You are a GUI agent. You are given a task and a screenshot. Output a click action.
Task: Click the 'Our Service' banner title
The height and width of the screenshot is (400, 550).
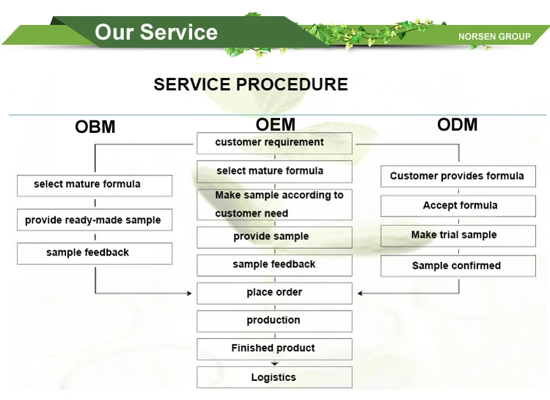156,32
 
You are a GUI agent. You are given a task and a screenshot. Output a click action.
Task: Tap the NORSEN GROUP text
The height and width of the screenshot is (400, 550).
494,37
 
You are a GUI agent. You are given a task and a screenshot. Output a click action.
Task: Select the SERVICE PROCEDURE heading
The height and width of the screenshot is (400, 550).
251,84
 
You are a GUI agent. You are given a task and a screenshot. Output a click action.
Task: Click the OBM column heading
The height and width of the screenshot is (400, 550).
95,127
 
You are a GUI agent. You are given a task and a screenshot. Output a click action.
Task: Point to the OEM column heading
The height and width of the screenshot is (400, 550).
275,124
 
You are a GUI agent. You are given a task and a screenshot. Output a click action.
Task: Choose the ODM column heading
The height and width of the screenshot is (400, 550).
457,124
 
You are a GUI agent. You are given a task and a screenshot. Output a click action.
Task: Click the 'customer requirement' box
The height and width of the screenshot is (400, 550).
274,143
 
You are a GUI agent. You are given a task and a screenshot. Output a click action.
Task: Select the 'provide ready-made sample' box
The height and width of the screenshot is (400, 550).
95,220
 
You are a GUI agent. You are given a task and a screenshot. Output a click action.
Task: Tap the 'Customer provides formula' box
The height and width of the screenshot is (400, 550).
458,176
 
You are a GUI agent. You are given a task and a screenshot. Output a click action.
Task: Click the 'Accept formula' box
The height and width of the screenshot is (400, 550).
458,206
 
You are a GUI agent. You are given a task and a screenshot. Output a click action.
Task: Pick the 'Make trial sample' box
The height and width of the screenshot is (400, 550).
458,236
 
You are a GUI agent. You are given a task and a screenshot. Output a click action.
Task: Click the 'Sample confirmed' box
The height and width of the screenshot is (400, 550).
458,266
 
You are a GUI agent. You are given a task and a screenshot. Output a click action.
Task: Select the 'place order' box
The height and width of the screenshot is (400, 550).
274,294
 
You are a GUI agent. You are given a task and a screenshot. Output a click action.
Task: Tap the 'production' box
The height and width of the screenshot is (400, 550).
274,321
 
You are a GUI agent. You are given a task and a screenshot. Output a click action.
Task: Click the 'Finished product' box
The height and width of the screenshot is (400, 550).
274,349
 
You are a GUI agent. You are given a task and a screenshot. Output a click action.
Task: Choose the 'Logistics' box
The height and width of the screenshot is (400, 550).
274,377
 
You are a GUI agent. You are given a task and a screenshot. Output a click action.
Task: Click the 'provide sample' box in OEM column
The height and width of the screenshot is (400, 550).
274,237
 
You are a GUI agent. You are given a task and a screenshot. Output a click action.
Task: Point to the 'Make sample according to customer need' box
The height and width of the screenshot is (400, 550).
274,205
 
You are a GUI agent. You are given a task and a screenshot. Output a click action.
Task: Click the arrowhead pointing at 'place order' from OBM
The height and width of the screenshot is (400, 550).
190,294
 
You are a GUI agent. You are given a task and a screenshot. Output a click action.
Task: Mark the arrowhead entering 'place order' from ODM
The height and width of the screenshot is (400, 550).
360,294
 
